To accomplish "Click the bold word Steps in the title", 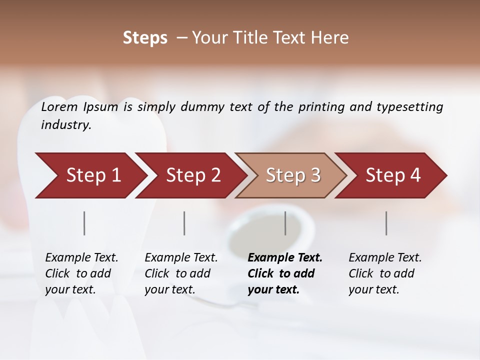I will [x=145, y=38].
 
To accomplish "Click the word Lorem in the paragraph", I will [x=59, y=106].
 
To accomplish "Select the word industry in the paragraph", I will [x=65, y=124].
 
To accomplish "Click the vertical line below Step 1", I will [x=84, y=223].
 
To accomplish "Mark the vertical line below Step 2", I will [x=184, y=223].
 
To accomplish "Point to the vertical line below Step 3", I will [x=285, y=223].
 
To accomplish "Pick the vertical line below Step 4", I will [x=386, y=223].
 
